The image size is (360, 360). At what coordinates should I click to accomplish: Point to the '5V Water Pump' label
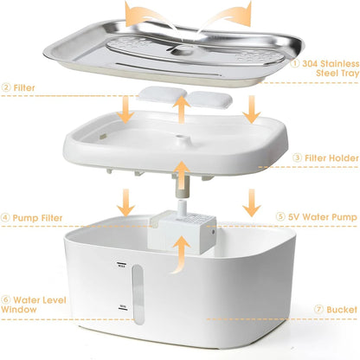point(319,217)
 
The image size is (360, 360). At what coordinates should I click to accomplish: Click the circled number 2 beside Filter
point(6,88)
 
